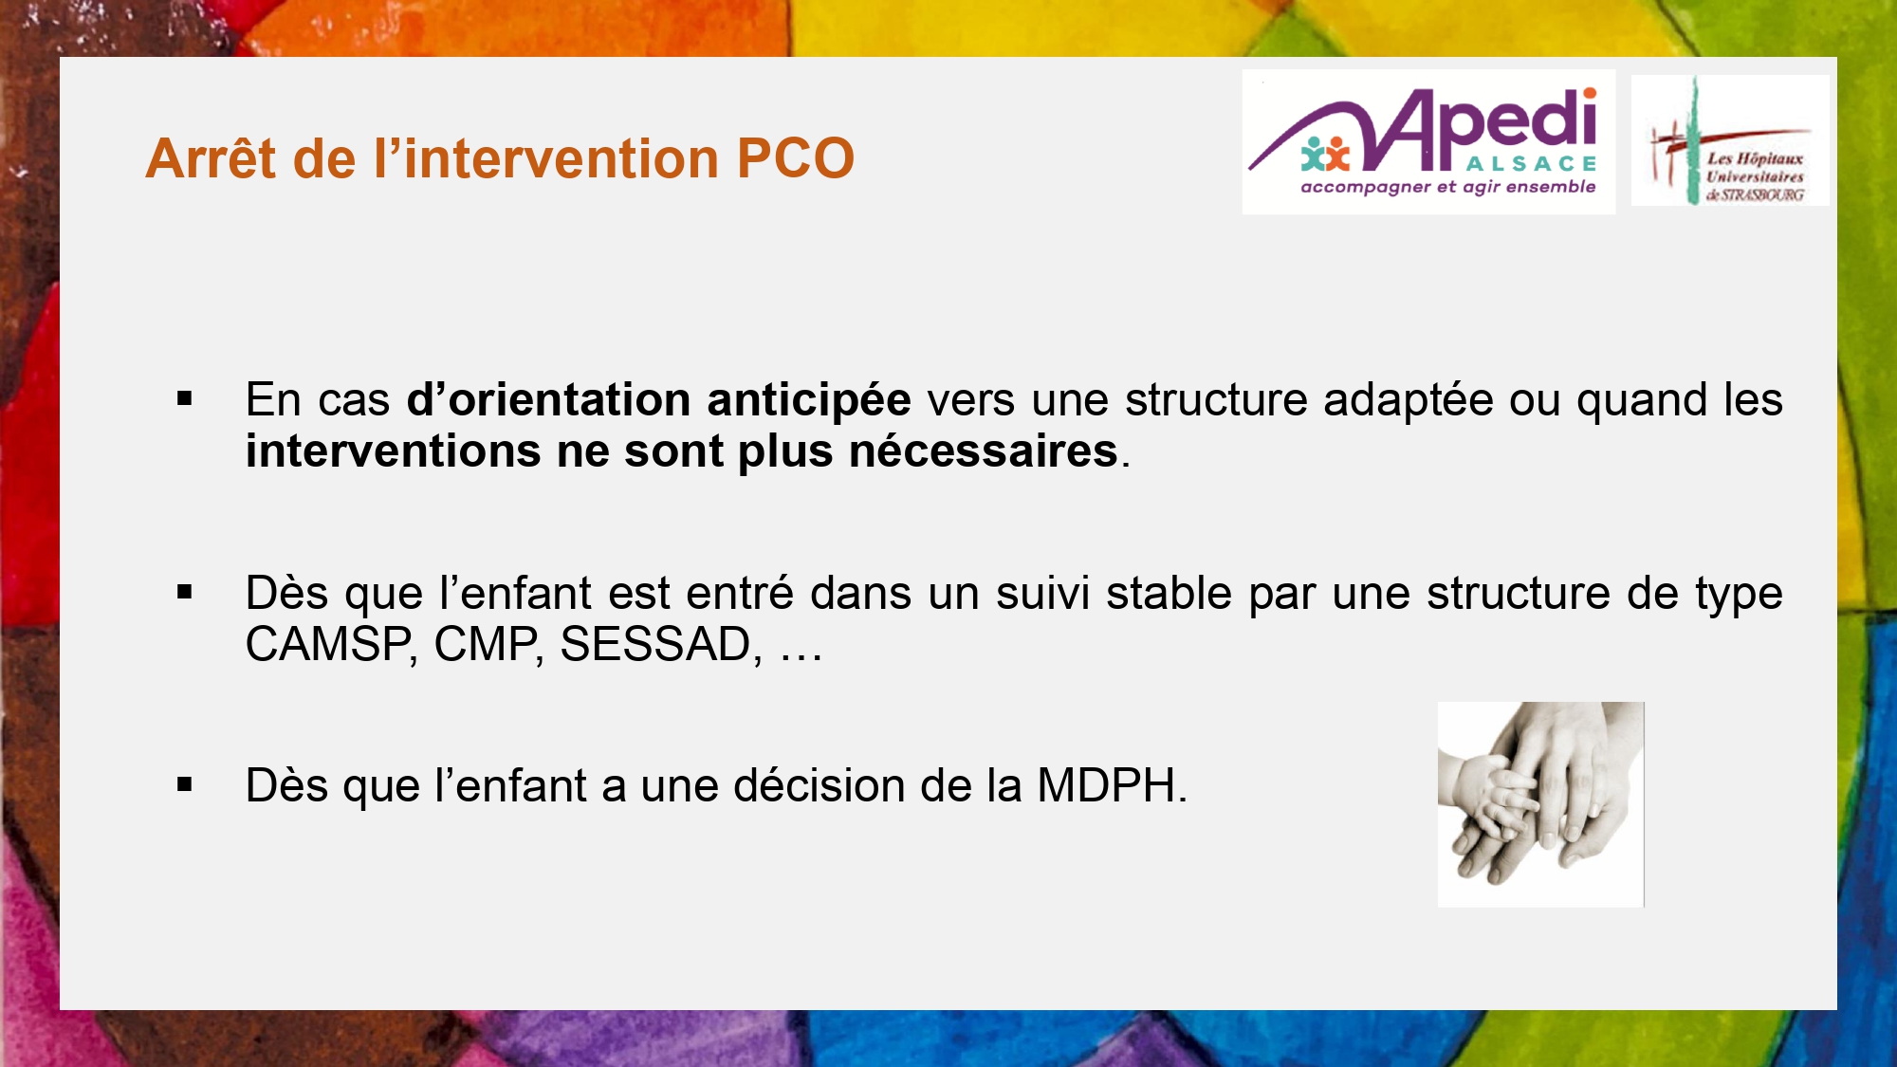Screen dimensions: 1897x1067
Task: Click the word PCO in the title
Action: point(795,157)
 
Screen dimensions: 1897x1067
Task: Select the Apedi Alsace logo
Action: point(1428,141)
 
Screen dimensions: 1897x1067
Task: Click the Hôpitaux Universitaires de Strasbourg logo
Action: point(1730,140)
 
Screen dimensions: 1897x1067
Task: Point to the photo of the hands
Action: point(1541,804)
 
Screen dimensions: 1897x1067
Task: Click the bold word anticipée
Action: point(809,400)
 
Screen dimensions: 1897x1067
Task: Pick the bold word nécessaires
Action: point(984,451)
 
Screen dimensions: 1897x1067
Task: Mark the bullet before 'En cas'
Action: point(185,399)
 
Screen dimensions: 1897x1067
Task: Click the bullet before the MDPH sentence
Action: point(185,784)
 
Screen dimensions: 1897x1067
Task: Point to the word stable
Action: point(1169,594)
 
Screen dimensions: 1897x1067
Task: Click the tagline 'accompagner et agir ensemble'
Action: point(1447,187)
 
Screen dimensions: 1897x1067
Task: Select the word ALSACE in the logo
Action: point(1531,164)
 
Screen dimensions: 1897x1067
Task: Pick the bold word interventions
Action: point(393,451)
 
